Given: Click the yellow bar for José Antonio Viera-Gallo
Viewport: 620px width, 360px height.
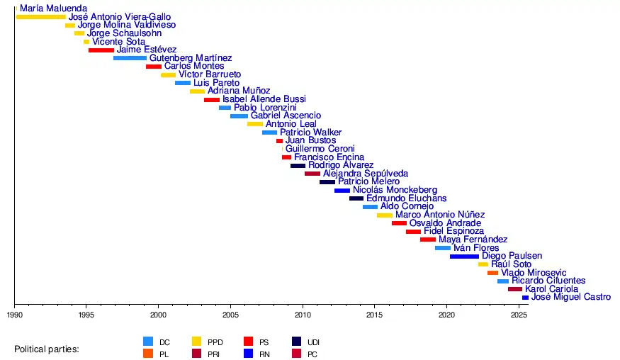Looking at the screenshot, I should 40,17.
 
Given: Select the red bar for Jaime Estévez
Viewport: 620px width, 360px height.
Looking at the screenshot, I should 101,50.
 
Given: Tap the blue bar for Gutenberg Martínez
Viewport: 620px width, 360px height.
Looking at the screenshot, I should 130,58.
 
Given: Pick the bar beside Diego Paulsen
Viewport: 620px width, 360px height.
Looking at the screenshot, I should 464,256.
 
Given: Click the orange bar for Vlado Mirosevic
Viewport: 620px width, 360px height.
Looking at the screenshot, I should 492,273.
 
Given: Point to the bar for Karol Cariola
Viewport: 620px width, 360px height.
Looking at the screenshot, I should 514,289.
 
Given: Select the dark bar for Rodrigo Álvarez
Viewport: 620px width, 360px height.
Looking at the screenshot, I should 298,166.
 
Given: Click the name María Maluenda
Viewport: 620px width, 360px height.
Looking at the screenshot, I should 54,9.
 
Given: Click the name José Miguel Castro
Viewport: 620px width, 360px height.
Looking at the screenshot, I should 570,298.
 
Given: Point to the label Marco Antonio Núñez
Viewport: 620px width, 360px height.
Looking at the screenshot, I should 440,215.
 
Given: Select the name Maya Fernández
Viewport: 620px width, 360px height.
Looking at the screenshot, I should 473,240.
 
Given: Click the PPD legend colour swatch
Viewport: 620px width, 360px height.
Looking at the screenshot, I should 198,342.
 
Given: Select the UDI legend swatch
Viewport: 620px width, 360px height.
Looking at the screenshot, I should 297,342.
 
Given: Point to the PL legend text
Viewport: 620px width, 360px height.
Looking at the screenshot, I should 164,354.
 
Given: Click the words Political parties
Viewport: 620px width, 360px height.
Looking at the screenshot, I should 47,349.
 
